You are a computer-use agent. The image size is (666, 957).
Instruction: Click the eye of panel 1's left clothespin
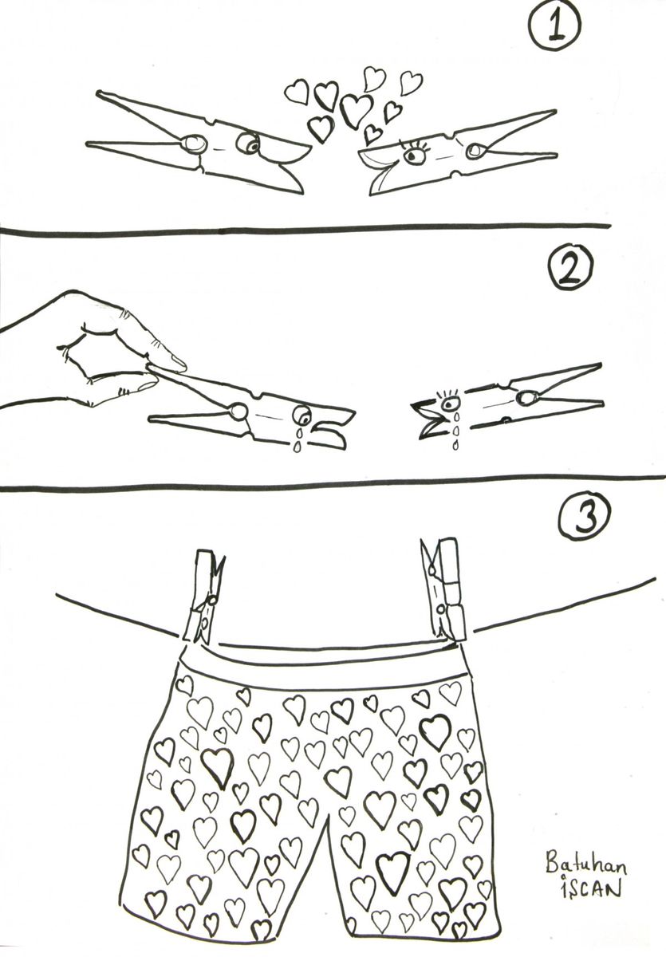click(248, 144)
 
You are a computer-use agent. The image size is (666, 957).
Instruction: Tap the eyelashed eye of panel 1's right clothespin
click(412, 155)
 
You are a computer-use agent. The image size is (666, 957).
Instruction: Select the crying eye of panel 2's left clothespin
click(301, 415)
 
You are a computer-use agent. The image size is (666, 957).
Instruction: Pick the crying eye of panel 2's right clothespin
click(452, 402)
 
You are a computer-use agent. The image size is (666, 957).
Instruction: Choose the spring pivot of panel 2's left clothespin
click(238, 412)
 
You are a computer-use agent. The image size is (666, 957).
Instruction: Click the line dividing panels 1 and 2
click(305, 229)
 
